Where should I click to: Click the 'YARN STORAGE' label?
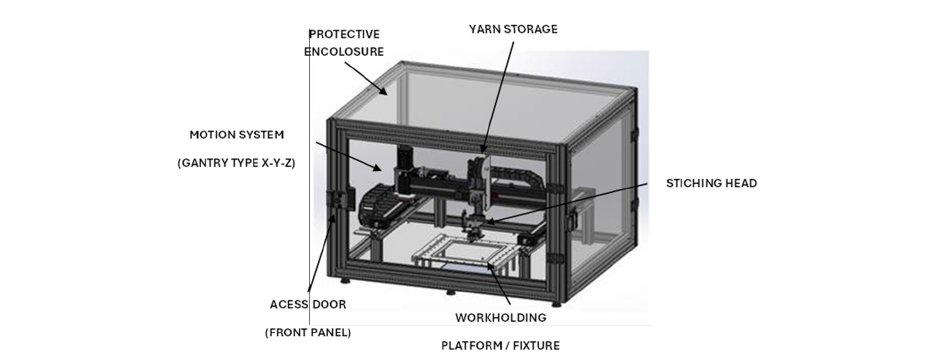pyautogui.click(x=513, y=29)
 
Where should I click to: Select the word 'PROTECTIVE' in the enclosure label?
pyautogui.click(x=344, y=34)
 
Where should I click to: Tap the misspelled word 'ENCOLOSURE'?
pyautogui.click(x=344, y=52)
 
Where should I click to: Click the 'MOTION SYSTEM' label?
pyautogui.click(x=237, y=135)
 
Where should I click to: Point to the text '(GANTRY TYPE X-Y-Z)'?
pyautogui.click(x=237, y=163)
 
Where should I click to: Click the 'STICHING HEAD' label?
pyautogui.click(x=711, y=183)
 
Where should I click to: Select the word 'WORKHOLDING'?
pyautogui.click(x=501, y=318)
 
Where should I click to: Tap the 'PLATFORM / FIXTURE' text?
pyautogui.click(x=501, y=346)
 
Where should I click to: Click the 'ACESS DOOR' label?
pyautogui.click(x=308, y=304)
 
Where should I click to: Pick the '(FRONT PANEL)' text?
pyautogui.click(x=308, y=333)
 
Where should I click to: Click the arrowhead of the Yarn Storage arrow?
pyautogui.click(x=483, y=149)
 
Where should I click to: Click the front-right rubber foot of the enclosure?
pyautogui.click(x=556, y=303)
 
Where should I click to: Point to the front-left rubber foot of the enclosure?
pyautogui.click(x=345, y=281)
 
